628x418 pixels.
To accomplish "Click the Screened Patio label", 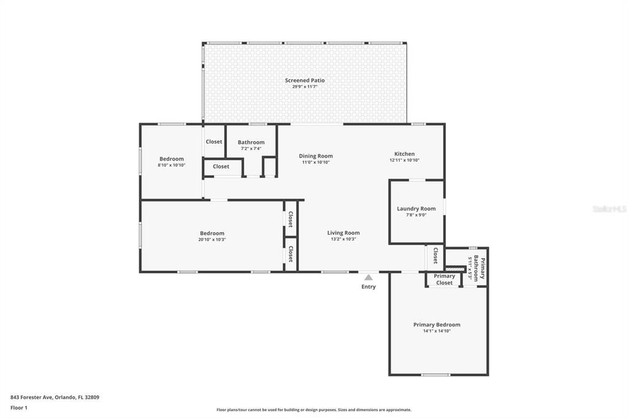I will pyautogui.click(x=304, y=80).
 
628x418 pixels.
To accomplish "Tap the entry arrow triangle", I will pyautogui.click(x=368, y=278).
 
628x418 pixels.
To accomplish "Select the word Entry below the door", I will pyautogui.click(x=369, y=287).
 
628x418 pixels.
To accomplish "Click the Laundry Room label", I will pyautogui.click(x=416, y=208).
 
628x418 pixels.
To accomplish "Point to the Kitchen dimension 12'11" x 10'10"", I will pyautogui.click(x=404, y=161).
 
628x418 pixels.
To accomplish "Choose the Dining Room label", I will pyautogui.click(x=316, y=156).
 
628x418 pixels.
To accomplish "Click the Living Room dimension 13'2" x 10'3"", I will pyautogui.click(x=343, y=239).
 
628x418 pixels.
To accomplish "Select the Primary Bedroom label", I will pyautogui.click(x=437, y=324).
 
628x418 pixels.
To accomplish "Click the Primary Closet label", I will pyautogui.click(x=445, y=279).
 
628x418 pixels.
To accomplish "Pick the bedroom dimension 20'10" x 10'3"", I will pyautogui.click(x=212, y=240).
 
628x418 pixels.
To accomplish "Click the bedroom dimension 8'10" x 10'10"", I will pyautogui.click(x=171, y=165).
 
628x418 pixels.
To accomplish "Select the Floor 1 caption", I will pyautogui.click(x=19, y=408).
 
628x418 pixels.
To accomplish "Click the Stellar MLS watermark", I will pyautogui.click(x=608, y=209).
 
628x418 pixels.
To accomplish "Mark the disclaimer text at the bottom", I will pyautogui.click(x=313, y=410).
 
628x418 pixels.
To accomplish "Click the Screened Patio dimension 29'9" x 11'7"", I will pyautogui.click(x=304, y=87).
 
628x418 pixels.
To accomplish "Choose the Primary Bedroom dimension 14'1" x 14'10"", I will pyautogui.click(x=437, y=331).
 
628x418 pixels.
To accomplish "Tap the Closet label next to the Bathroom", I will pyautogui.click(x=214, y=142).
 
